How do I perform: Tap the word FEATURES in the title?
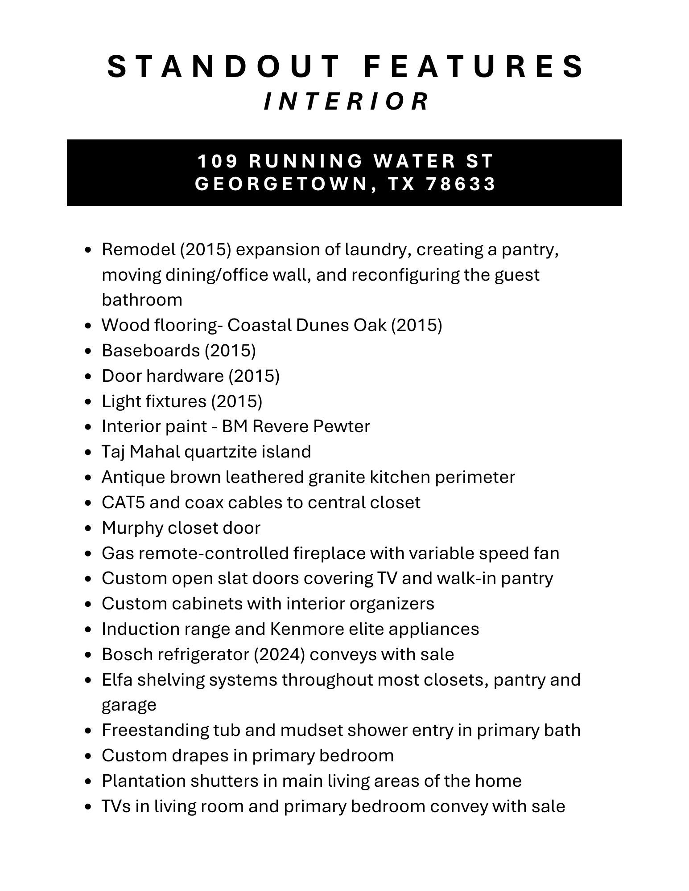coord(474,66)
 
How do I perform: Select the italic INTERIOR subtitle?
coord(347,101)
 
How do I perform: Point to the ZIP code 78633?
coord(461,184)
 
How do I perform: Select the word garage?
coord(129,705)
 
